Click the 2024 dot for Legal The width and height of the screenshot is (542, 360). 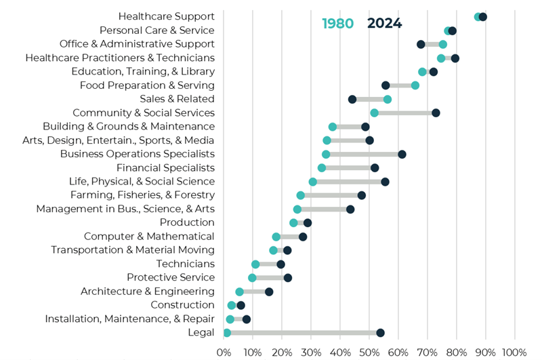380,332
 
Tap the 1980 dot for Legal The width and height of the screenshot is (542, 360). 227,332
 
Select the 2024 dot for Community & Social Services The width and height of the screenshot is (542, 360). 436,113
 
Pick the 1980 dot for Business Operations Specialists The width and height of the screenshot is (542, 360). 326,154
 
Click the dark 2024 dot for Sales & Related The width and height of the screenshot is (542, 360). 352,99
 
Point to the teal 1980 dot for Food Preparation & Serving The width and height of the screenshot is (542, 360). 415,85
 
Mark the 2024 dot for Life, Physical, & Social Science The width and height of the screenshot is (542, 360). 385,182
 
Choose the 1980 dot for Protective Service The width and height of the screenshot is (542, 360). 252,278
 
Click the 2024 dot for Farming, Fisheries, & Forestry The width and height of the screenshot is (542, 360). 362,195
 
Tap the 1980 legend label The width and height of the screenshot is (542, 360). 337,24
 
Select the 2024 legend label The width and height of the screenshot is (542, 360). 384,24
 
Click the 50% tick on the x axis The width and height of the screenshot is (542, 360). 369,352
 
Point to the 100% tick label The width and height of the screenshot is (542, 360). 514,352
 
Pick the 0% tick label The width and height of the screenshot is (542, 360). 224,352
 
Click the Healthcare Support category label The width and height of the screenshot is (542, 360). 166,16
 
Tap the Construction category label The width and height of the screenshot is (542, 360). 182,305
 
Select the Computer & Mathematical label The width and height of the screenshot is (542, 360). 149,236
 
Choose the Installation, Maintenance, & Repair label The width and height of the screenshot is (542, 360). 129,319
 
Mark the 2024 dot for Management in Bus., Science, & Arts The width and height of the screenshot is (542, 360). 350,209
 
